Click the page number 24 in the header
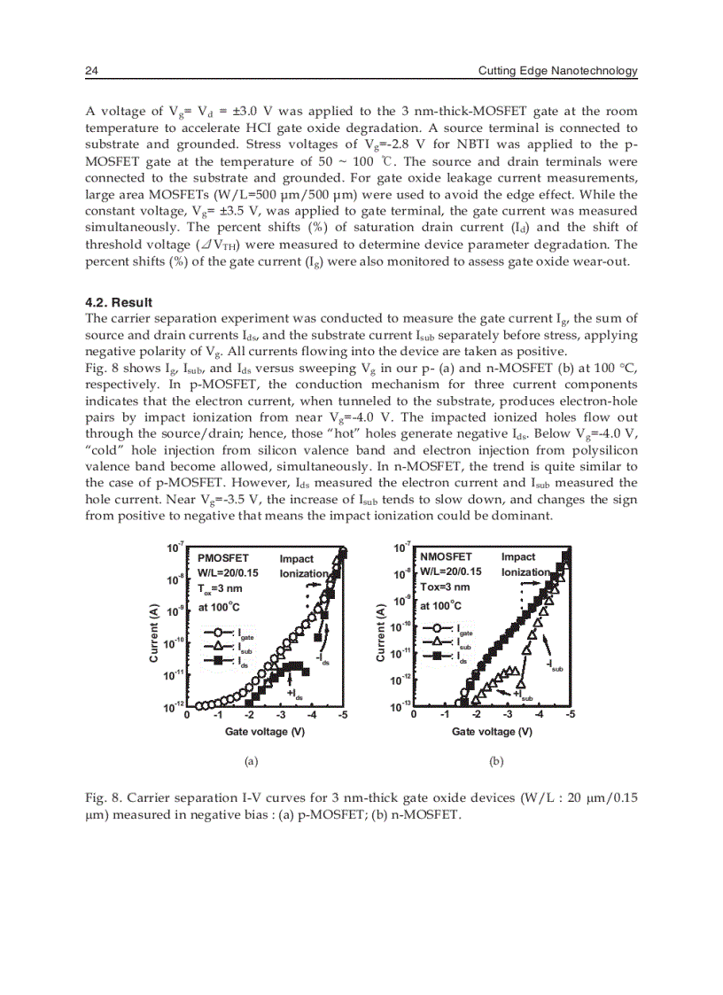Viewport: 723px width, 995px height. [x=90, y=71]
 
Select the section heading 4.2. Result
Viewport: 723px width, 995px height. [x=120, y=302]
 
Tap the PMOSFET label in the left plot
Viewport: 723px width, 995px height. [x=223, y=557]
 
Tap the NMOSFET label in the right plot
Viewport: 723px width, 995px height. [x=447, y=556]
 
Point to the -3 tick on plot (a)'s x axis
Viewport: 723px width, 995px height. [x=281, y=716]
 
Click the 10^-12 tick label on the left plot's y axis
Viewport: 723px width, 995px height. [x=174, y=706]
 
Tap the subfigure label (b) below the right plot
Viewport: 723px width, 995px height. [x=496, y=760]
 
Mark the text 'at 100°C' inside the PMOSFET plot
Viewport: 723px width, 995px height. [x=219, y=607]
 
